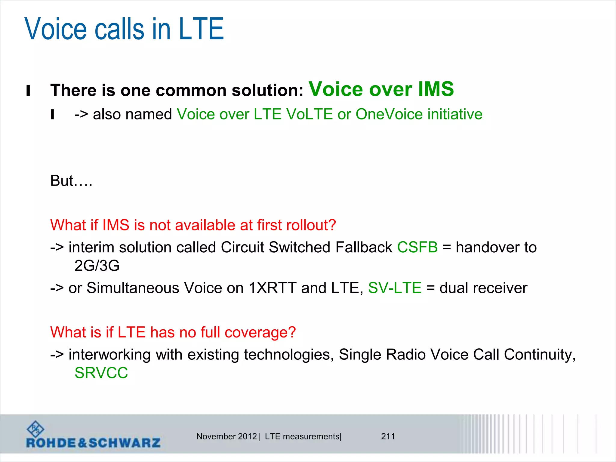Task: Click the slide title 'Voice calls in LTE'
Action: [x=124, y=29]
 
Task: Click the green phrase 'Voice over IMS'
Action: [x=381, y=89]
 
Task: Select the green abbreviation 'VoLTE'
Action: [x=309, y=114]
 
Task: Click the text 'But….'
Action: [x=71, y=181]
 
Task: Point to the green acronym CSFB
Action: [x=417, y=247]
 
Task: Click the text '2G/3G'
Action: [x=97, y=266]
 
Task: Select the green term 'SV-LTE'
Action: [x=395, y=288]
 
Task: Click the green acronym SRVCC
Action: [x=101, y=373]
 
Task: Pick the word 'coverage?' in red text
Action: [x=260, y=332]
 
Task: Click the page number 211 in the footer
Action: [x=388, y=436]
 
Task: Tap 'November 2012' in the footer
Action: [x=226, y=436]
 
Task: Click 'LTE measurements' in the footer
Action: [x=302, y=436]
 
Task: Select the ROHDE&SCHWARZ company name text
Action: [x=93, y=443]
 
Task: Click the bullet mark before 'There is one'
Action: [x=28, y=91]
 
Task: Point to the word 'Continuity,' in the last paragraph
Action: [x=540, y=355]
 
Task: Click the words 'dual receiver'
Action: [x=483, y=288]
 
